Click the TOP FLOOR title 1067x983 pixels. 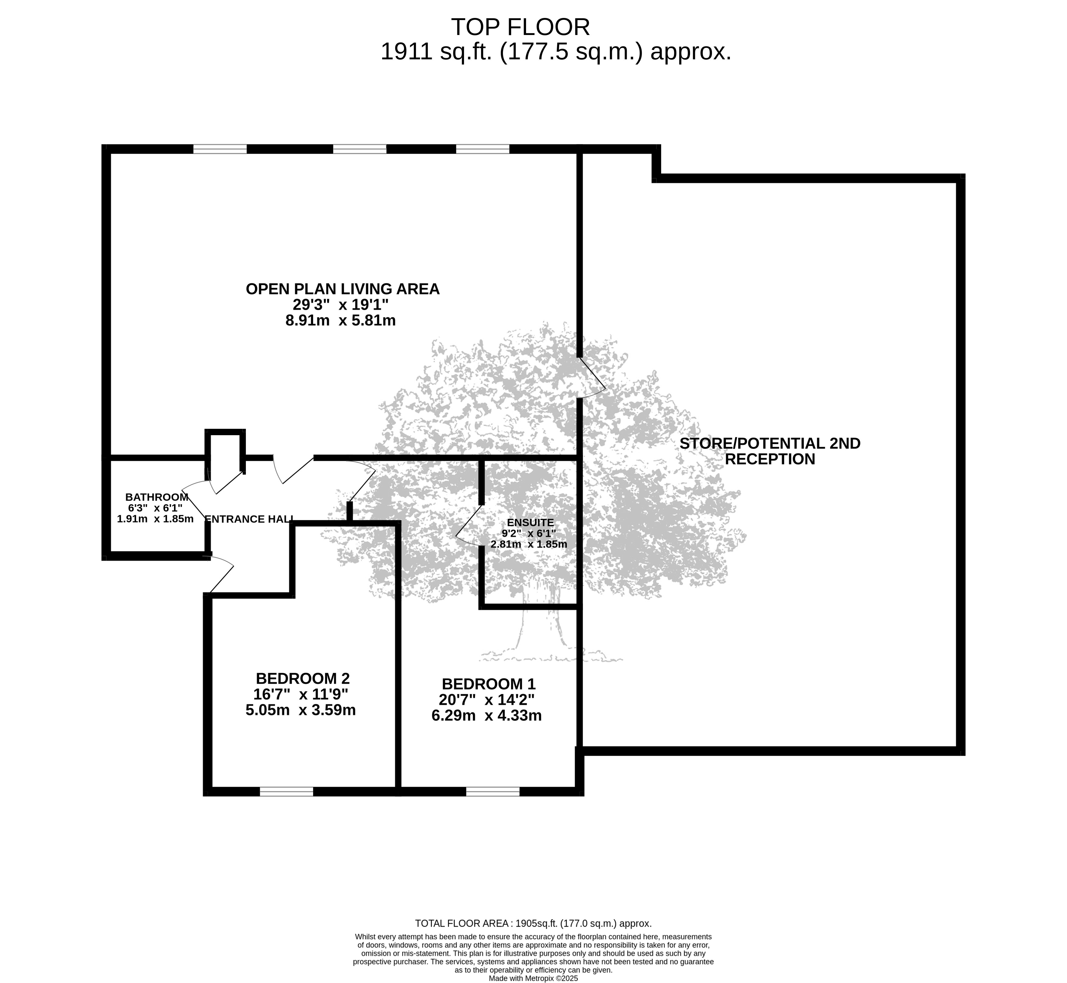point(521,26)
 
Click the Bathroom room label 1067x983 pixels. point(157,497)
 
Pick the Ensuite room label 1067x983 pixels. point(530,523)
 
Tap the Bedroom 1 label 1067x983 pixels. point(489,684)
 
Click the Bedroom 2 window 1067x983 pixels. point(287,792)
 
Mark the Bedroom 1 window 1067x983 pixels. point(493,792)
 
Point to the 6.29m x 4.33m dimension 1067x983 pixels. point(486,716)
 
